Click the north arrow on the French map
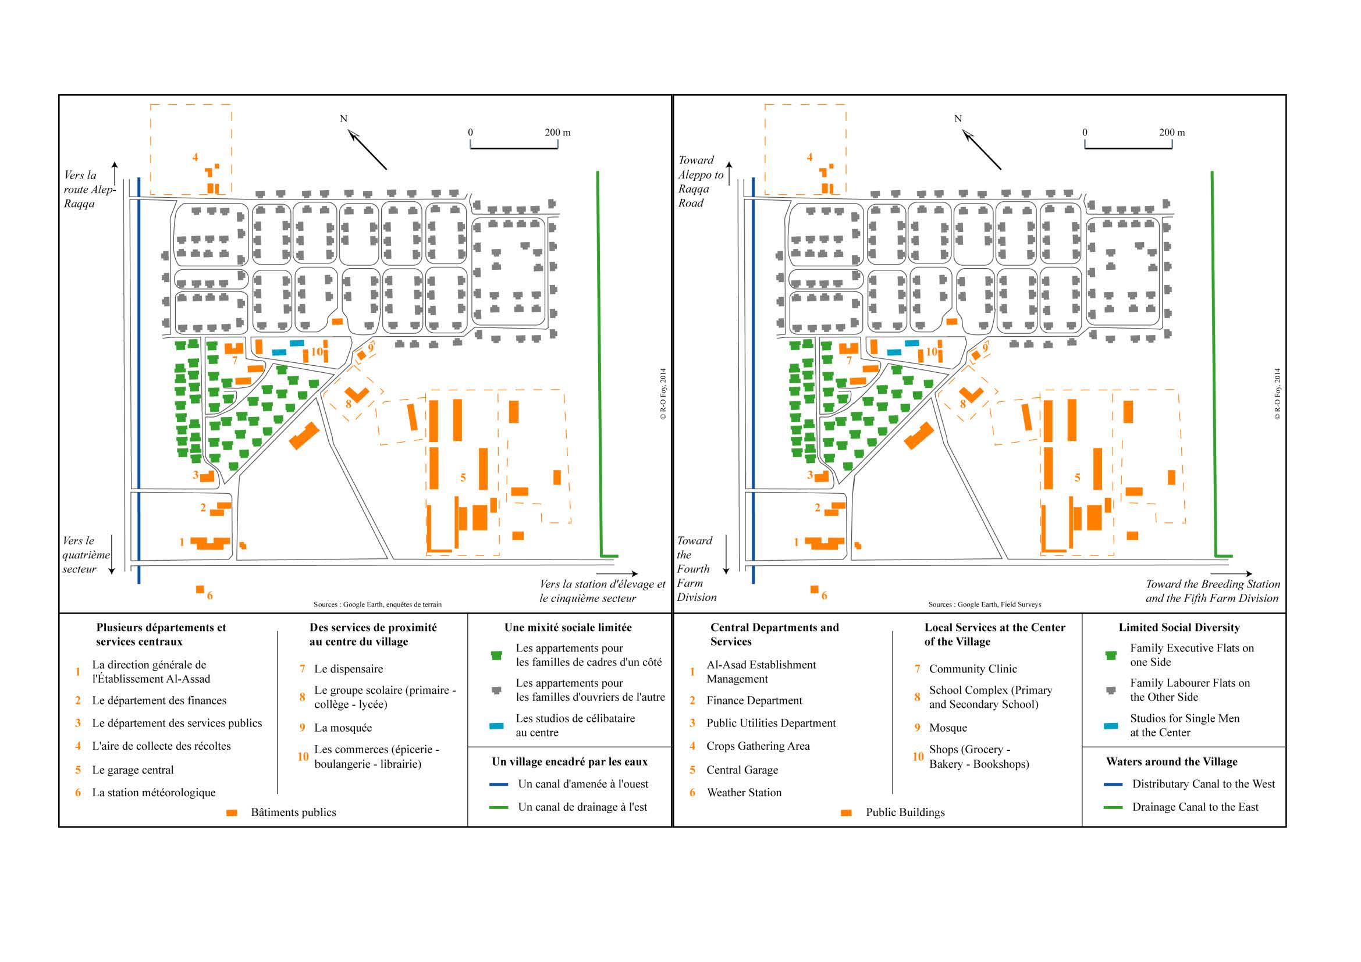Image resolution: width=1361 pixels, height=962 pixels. click(x=368, y=149)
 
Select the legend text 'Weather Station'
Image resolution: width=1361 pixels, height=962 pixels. click(x=744, y=793)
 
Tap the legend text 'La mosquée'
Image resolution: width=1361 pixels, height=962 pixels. click(x=343, y=728)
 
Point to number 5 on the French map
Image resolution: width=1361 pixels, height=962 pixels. click(x=463, y=478)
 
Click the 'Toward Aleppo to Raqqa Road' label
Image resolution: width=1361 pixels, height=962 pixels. click(x=700, y=181)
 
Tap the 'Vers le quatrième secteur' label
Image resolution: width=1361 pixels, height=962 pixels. click(x=86, y=554)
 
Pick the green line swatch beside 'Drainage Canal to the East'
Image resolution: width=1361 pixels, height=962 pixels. click(x=1113, y=807)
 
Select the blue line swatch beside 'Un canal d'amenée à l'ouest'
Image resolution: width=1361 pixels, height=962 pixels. click(x=499, y=784)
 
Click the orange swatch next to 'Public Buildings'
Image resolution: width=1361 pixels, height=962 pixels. click(x=846, y=813)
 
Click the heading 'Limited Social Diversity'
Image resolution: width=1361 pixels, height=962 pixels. click(x=1179, y=628)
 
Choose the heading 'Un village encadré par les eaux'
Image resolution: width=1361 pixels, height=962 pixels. click(x=569, y=762)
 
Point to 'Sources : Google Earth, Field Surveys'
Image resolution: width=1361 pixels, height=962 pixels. click(x=985, y=604)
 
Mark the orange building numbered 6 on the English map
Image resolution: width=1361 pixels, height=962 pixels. click(x=815, y=589)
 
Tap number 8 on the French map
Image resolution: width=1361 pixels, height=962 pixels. click(x=349, y=404)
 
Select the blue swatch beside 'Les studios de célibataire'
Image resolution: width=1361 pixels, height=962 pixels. click(x=497, y=726)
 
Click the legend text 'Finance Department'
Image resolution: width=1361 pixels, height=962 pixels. click(x=754, y=700)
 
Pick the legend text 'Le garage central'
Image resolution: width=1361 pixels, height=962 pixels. click(x=133, y=770)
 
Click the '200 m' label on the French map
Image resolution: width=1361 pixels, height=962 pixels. click(x=557, y=133)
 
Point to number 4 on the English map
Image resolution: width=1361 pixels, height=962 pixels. click(x=809, y=157)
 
